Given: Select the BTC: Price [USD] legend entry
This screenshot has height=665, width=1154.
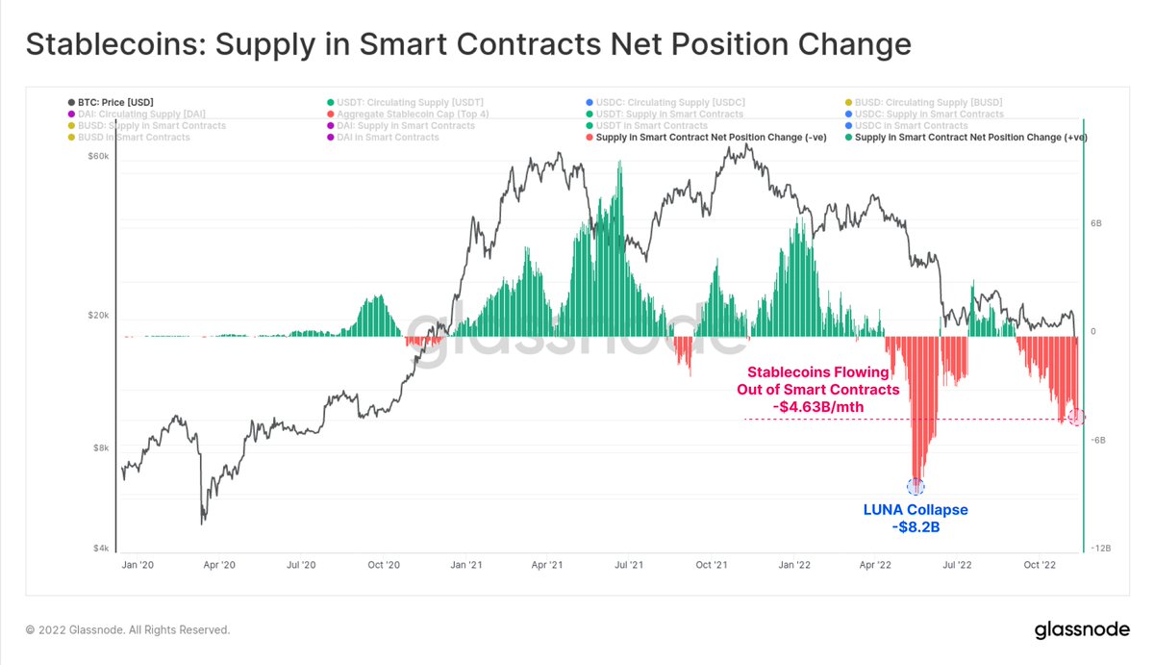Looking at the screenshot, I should (x=111, y=102).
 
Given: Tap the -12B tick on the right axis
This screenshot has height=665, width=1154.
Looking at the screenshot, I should (x=1101, y=549).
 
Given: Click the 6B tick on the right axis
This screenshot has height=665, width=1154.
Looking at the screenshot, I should (x=1095, y=222).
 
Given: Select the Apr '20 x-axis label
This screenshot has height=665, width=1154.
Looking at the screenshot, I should (x=220, y=565).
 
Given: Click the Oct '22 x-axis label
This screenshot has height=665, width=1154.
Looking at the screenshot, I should (x=1040, y=565).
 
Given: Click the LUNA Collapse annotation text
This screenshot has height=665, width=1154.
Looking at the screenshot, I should (x=916, y=509).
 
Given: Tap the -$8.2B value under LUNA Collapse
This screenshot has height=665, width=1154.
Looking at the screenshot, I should (x=916, y=526).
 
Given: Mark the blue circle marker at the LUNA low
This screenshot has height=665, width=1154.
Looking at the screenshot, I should (x=916, y=486).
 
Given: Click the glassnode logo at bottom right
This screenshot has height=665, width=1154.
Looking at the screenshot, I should (x=1080, y=631).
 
